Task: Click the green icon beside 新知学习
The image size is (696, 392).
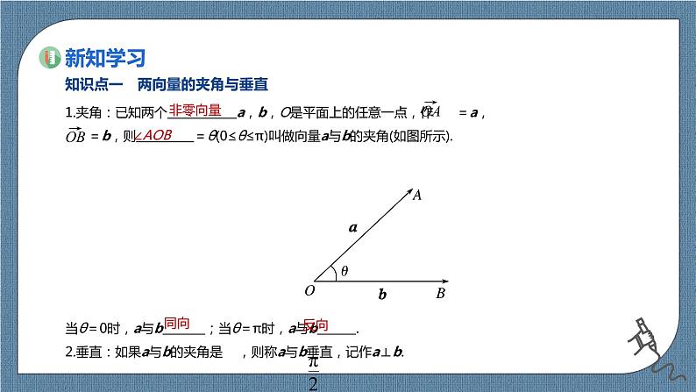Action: click(50, 59)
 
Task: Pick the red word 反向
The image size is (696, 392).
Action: click(316, 324)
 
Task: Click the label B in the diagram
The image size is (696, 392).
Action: click(441, 292)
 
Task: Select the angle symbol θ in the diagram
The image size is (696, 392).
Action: click(344, 271)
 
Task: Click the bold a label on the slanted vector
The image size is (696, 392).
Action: click(353, 228)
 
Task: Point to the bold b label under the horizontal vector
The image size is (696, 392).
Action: click(382, 296)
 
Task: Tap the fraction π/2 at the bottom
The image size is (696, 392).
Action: click(315, 374)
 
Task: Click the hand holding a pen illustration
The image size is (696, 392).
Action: click(650, 338)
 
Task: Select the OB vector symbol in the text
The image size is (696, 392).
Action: click(75, 136)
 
